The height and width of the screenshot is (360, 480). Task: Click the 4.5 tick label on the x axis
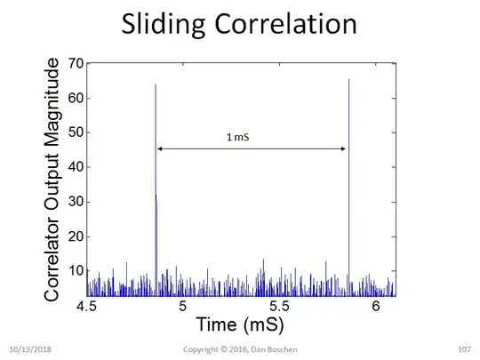click(87, 307)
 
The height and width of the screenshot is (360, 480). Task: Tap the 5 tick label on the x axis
click(183, 307)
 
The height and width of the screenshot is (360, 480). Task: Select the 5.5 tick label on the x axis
click(279, 307)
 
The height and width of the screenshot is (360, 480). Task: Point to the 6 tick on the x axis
click(376, 307)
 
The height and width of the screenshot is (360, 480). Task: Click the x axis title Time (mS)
click(241, 324)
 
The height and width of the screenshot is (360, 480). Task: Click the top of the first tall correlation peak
click(156, 85)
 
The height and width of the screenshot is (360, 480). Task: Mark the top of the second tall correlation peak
click(348, 80)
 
